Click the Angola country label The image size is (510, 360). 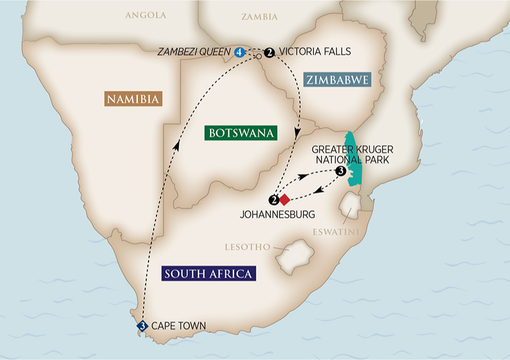point(146,15)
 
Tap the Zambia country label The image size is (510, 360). point(259,17)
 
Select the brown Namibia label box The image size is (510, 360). point(134,99)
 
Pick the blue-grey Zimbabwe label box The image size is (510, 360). point(337,80)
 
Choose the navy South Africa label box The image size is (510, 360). point(208,274)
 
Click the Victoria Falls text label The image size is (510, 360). point(315,52)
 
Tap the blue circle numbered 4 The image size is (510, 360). point(239,52)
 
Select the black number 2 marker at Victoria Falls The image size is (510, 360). point(270,52)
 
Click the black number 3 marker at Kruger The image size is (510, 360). point(340,171)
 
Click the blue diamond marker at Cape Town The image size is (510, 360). point(142,326)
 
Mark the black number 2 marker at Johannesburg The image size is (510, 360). point(274,199)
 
